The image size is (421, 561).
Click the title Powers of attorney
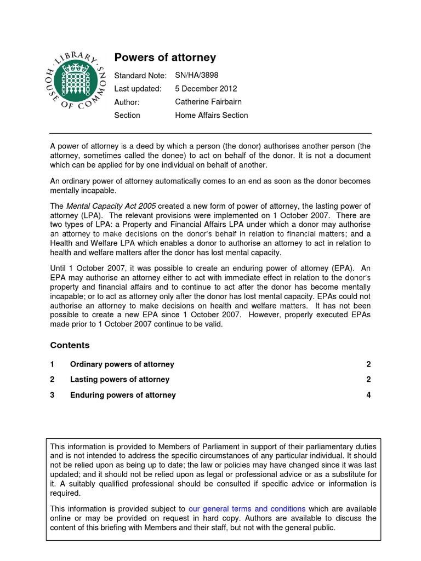pyautogui.click(x=164, y=58)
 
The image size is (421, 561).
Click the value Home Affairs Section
pyautogui.click(x=211, y=115)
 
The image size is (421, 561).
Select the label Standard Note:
pyautogui.click(x=140, y=75)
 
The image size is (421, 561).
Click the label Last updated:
pyautogui.click(x=138, y=89)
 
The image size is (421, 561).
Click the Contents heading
pyautogui.click(x=70, y=345)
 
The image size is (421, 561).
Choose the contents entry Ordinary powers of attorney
pyautogui.click(x=122, y=364)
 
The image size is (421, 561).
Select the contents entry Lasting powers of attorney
pyautogui.click(x=120, y=380)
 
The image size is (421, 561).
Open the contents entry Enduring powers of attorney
pyautogui.click(x=123, y=395)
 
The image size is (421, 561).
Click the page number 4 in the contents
pyautogui.click(x=368, y=395)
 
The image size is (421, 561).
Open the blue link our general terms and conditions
pyautogui.click(x=247, y=509)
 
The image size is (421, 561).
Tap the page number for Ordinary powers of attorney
pyautogui.click(x=368, y=364)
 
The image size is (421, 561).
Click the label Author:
pyautogui.click(x=127, y=102)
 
